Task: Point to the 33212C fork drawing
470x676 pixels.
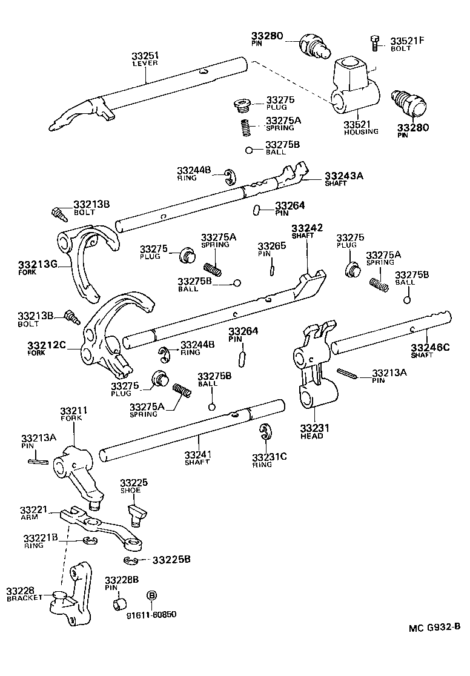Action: click(x=112, y=339)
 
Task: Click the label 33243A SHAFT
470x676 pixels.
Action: click(x=343, y=179)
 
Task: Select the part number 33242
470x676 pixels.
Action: click(x=307, y=228)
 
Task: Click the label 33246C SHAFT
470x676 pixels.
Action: click(x=430, y=351)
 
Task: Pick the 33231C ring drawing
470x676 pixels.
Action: click(x=264, y=434)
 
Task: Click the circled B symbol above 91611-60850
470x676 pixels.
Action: click(x=152, y=595)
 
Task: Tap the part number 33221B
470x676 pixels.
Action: click(x=41, y=538)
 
